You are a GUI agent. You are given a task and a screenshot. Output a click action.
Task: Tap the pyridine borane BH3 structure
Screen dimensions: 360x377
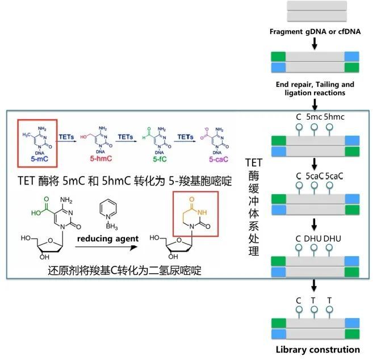pos(106,208)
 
